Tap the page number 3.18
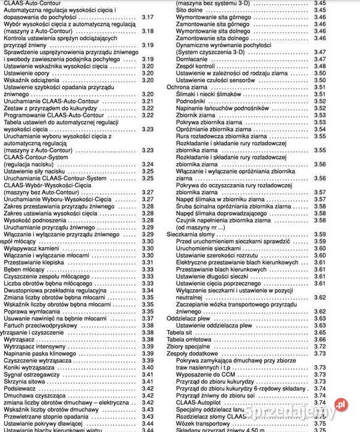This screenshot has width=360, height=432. (147, 31)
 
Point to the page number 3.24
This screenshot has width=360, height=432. (147, 164)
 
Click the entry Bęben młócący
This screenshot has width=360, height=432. (25, 269)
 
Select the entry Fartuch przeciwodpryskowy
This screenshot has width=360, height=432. (41, 325)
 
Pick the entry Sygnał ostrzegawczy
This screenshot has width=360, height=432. (31, 374)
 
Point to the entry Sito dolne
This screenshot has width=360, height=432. (189, 11)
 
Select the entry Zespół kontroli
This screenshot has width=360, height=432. (196, 66)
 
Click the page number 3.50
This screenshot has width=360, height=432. (319, 80)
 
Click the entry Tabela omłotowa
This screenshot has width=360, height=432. (189, 339)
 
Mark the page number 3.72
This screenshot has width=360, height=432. (319, 346)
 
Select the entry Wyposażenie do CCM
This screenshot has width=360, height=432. (206, 374)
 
